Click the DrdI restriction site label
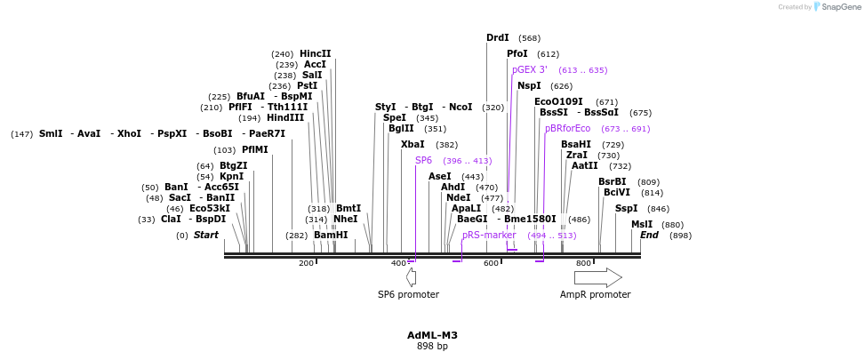[497, 38]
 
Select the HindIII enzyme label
[284, 117]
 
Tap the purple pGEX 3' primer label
[530, 69]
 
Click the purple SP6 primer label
[423, 161]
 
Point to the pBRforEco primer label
[567, 129]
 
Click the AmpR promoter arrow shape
[597, 277]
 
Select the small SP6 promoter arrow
[411, 277]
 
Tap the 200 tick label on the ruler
[306, 263]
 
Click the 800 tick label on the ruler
[583, 263]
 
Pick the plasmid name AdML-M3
[432, 335]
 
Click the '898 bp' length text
[432, 346]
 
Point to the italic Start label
[205, 236]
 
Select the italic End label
[649, 236]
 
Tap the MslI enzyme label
[641, 225]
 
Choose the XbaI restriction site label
[412, 144]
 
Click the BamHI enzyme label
[331, 236]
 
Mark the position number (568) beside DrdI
[529, 38]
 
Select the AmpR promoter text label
[595, 294]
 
